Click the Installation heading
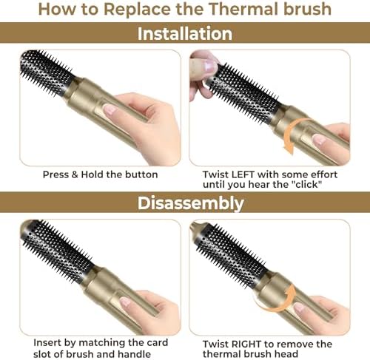click(x=185, y=33)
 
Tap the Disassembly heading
click(x=190, y=203)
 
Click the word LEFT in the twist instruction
click(x=243, y=174)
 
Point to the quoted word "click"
click(x=306, y=184)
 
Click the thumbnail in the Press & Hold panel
click(x=110, y=109)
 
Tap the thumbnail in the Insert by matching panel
click(x=125, y=302)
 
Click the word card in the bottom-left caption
click(x=157, y=342)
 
